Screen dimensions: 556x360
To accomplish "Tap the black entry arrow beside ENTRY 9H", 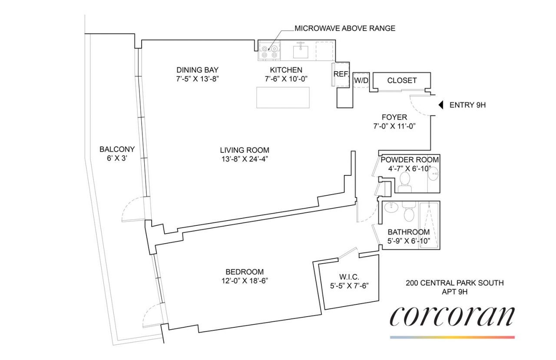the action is [x=441, y=105].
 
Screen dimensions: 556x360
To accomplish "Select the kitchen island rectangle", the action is [x=283, y=98].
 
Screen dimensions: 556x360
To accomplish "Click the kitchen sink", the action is [x=301, y=51].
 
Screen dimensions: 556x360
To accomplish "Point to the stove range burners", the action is [x=269, y=51].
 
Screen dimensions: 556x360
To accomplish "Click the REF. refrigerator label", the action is [x=341, y=74].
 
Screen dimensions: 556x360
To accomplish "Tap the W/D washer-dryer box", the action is [x=361, y=80].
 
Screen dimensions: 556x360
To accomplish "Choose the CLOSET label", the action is [x=402, y=80].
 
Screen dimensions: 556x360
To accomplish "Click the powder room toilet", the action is [x=405, y=182].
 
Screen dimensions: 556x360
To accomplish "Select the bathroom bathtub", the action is [x=430, y=225].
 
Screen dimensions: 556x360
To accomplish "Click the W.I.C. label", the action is [x=349, y=277].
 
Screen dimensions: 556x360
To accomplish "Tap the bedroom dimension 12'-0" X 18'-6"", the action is [x=245, y=281].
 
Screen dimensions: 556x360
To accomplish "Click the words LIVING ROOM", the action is [x=245, y=150].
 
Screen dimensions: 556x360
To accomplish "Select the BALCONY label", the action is [x=117, y=149].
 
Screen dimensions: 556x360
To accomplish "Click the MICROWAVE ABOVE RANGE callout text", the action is [x=345, y=28].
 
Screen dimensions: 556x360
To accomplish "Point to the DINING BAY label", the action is [x=197, y=70].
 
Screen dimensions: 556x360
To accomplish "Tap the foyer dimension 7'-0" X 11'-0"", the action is [x=394, y=126].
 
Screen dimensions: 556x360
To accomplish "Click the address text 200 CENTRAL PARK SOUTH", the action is [x=455, y=283].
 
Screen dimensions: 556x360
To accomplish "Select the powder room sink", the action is [x=433, y=173].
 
